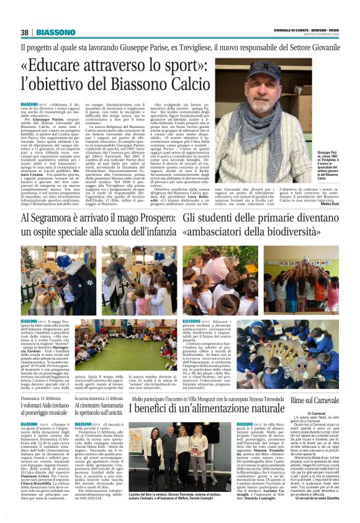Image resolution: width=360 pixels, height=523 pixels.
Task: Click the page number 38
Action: point(25,32)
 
